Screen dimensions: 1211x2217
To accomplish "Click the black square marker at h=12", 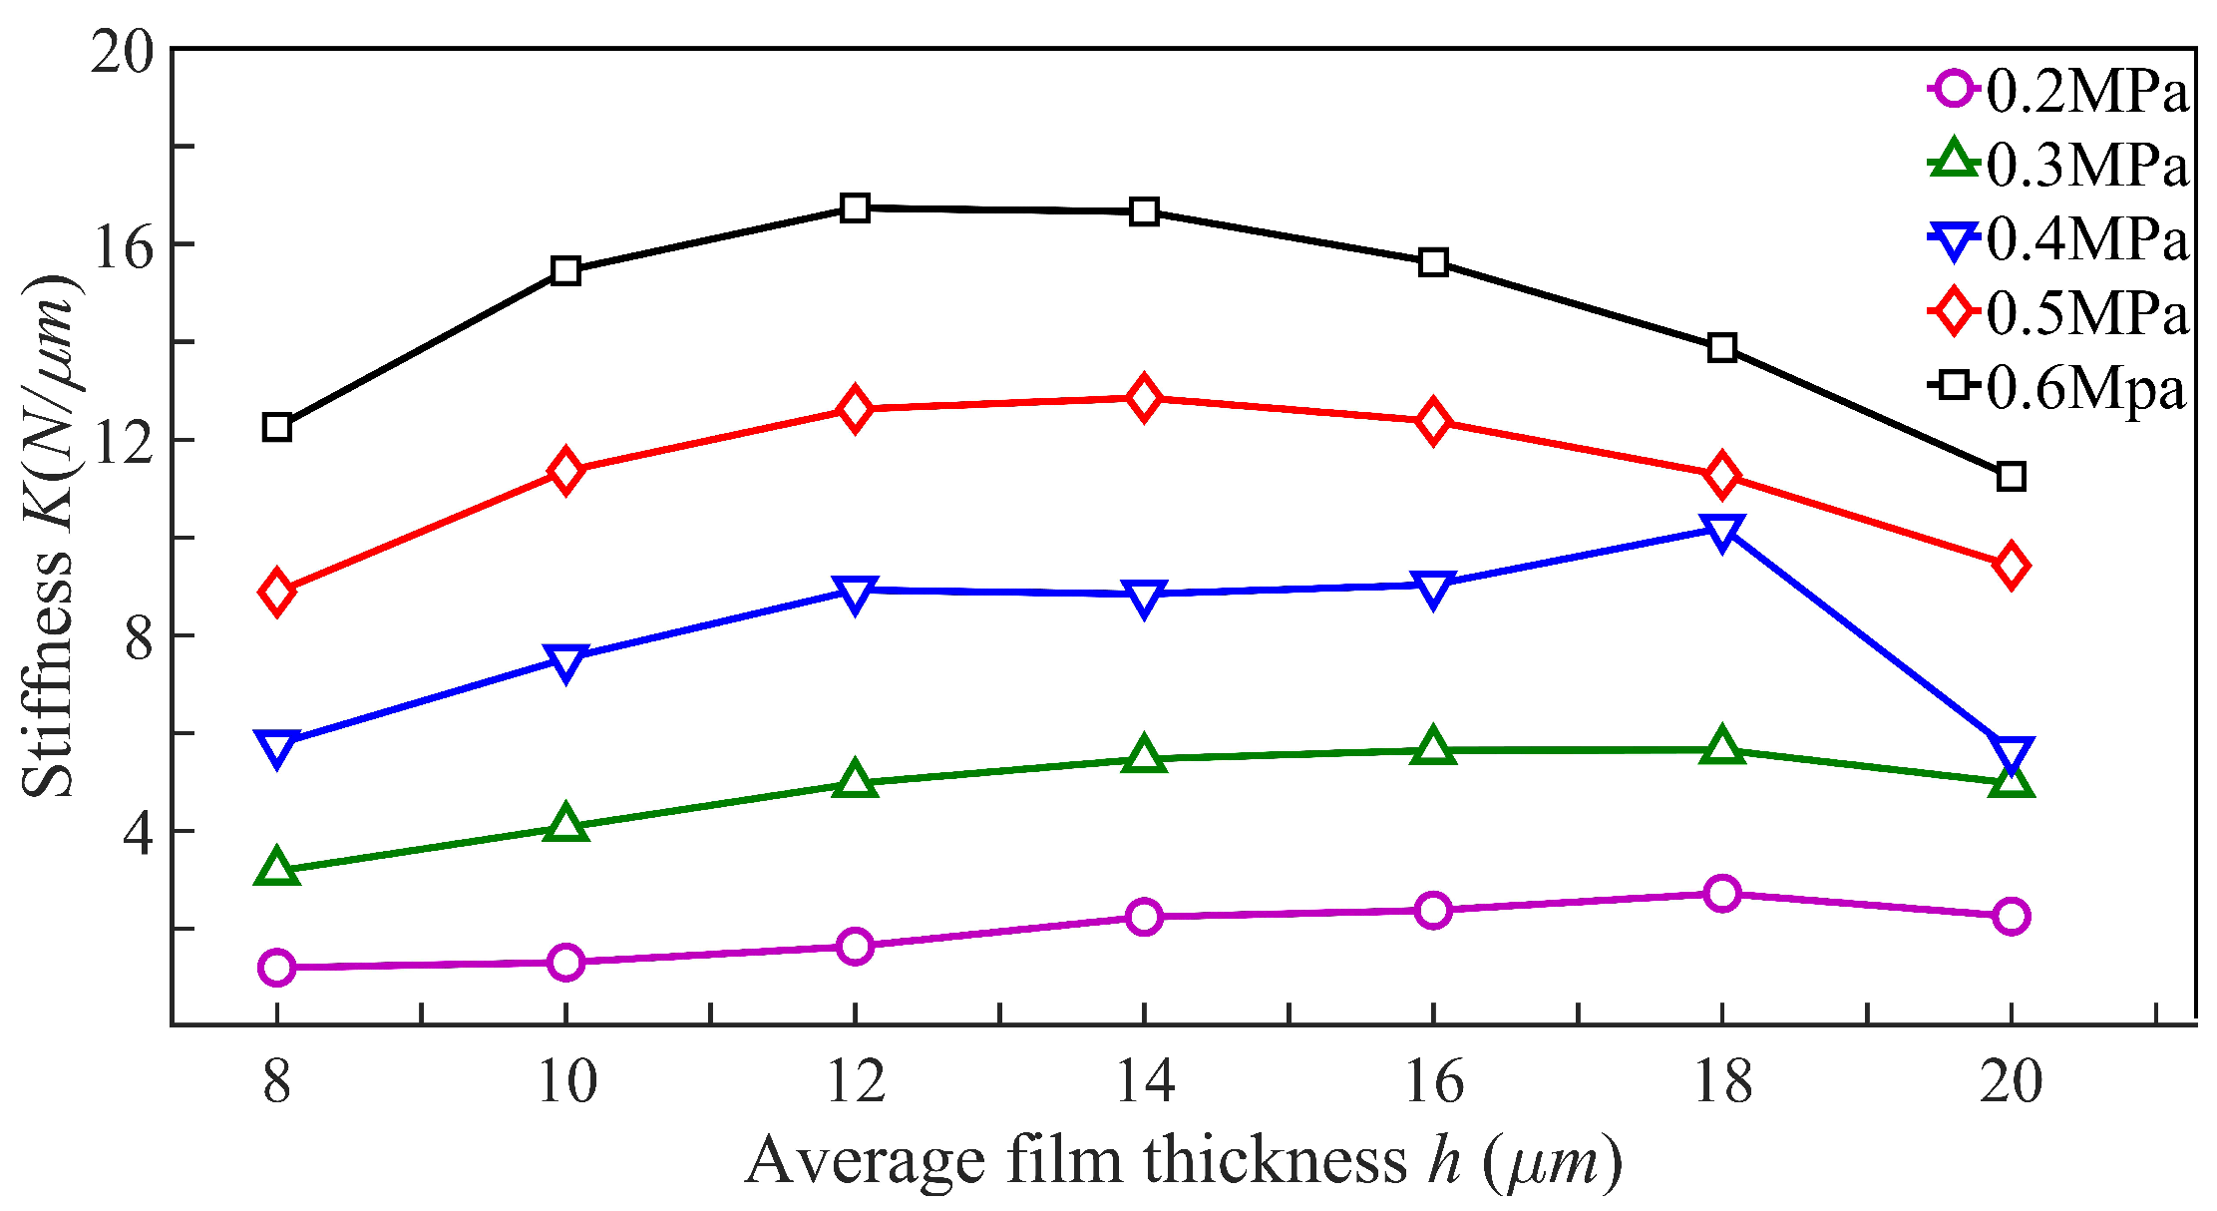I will [x=855, y=208].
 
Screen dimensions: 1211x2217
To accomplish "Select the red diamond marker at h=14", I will [x=1144, y=399].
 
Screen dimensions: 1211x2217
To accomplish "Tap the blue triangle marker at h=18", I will [x=1722, y=531].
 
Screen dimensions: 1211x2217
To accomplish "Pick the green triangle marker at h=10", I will [x=565, y=824].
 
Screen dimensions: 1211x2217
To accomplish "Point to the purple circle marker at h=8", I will [x=277, y=967].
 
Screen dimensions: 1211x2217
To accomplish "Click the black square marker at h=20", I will [x=2011, y=477].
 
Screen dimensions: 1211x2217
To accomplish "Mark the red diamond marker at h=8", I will [x=277, y=593].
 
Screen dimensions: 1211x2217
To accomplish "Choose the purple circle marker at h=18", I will [x=1722, y=893].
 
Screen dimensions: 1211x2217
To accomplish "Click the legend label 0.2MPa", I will [x=2086, y=91].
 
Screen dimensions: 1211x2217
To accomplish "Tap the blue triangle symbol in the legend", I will [x=1954, y=240].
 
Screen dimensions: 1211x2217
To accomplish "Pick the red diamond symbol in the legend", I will [x=1954, y=312].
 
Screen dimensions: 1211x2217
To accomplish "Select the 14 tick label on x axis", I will [x=1144, y=1080].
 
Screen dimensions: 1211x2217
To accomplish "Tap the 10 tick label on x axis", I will [x=565, y=1080].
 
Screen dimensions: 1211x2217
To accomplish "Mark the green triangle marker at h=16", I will [x=1433, y=747].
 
